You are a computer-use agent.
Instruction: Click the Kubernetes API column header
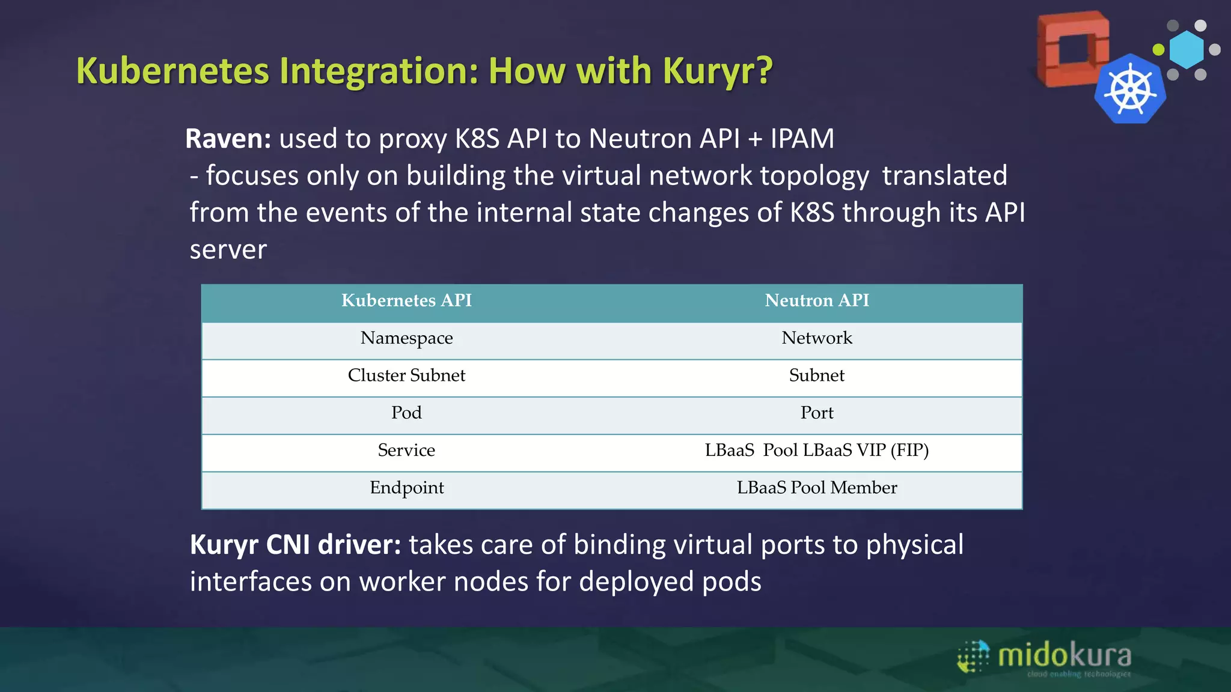click(x=406, y=300)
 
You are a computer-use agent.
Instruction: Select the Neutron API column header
click(x=816, y=300)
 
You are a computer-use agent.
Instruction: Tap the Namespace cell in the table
click(x=406, y=338)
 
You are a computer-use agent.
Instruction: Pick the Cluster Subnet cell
click(x=406, y=375)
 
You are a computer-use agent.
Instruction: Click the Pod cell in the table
click(x=406, y=413)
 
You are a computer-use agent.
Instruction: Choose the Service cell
click(x=406, y=451)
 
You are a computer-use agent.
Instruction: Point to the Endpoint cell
click(x=406, y=488)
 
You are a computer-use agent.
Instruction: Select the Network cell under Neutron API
click(x=816, y=338)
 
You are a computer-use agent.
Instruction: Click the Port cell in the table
click(x=816, y=413)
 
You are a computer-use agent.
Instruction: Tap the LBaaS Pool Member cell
click(x=816, y=488)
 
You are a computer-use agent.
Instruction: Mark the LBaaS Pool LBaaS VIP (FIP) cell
click(x=816, y=451)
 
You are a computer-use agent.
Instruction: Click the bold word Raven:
click(x=228, y=139)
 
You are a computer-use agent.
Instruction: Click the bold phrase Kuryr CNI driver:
click(x=295, y=545)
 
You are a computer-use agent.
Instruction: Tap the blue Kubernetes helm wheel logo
click(x=1130, y=90)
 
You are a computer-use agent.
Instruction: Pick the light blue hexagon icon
click(x=1187, y=50)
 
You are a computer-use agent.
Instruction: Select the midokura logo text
click(x=1064, y=655)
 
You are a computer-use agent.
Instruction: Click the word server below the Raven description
click(x=228, y=250)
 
